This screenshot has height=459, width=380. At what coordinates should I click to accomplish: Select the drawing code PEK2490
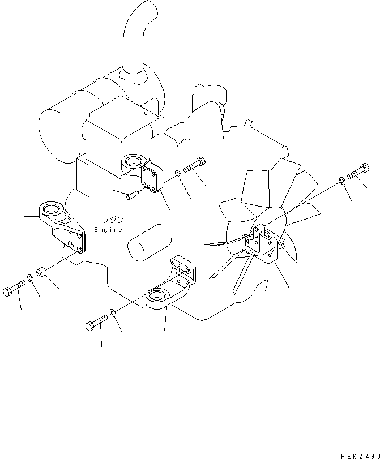tap(360, 454)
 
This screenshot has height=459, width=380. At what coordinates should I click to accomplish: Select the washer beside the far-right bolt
tap(343, 181)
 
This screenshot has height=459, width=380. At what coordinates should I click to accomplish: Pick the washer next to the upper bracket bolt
tap(179, 174)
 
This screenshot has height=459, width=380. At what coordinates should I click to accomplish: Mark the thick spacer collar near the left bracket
tap(42, 272)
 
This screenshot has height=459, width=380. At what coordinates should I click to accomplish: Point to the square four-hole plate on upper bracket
tap(152, 178)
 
